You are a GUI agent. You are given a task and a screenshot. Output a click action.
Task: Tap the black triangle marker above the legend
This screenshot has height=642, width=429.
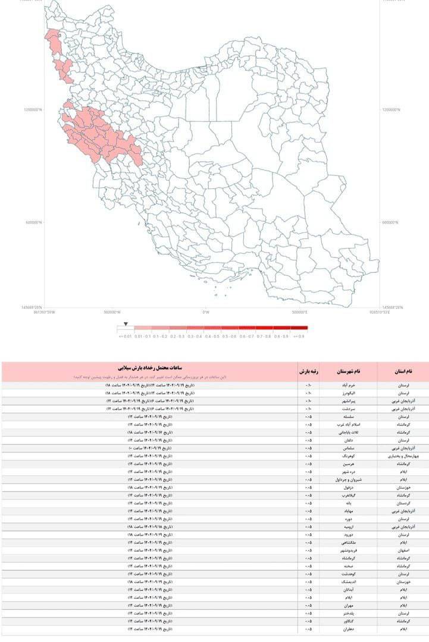pos(126,324)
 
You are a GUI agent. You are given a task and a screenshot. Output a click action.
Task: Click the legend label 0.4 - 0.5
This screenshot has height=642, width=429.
pos(212,336)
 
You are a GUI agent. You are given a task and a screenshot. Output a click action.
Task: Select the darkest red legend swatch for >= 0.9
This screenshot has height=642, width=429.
pos(299,328)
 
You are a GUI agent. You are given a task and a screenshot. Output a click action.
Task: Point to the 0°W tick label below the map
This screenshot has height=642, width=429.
pos(206,311)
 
